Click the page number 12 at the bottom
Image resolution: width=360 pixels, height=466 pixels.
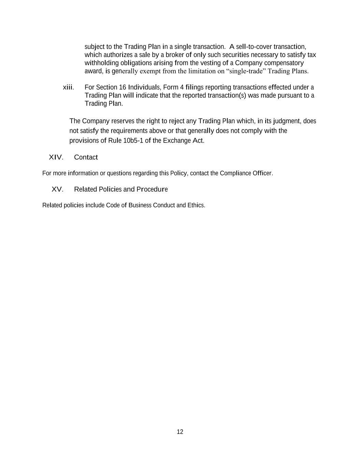tap(180, 432)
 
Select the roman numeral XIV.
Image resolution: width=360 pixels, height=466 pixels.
tap(56, 157)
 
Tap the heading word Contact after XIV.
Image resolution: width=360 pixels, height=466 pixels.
tap(86, 157)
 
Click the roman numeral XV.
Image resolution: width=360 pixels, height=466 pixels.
tap(57, 189)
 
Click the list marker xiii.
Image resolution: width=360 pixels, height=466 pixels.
tap(68, 87)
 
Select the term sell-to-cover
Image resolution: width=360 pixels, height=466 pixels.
tap(254, 46)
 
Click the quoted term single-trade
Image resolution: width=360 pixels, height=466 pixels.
tap(246, 71)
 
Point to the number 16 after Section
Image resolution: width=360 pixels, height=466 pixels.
tap(123, 87)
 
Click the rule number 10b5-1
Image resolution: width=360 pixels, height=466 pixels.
tap(131, 141)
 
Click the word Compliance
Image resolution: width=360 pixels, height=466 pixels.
tap(235, 173)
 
